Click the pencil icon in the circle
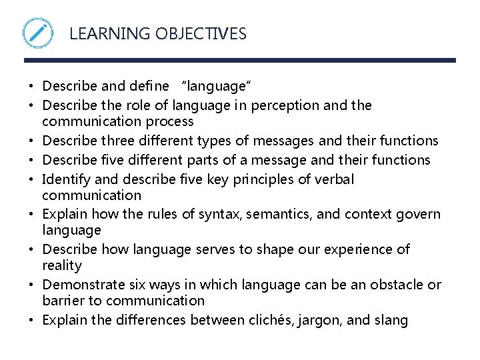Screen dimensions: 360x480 point(38,33)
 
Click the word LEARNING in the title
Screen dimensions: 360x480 point(98,33)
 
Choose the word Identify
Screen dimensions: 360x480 point(65,179)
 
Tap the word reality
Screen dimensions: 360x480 point(62,265)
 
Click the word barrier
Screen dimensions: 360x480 point(64,301)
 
